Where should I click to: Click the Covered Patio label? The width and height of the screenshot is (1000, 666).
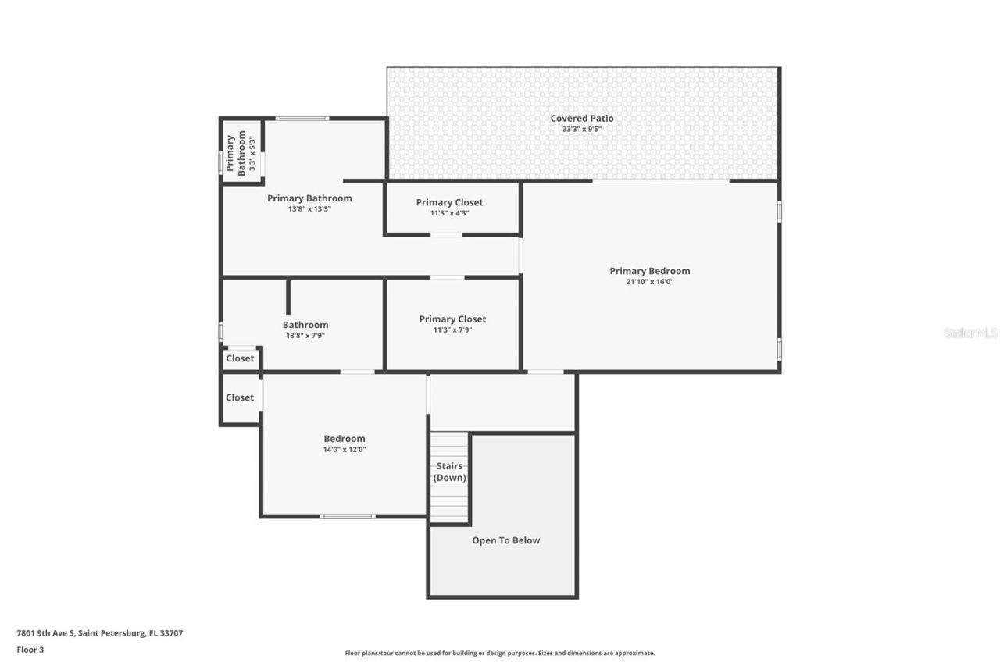click(582, 119)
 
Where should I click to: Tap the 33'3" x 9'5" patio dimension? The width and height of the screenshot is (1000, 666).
click(582, 130)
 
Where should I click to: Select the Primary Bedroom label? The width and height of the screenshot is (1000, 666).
click(650, 271)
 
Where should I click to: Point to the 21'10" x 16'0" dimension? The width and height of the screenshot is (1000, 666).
click(650, 282)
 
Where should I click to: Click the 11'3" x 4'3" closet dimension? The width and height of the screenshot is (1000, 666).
click(449, 213)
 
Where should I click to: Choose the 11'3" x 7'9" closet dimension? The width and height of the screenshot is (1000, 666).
click(452, 329)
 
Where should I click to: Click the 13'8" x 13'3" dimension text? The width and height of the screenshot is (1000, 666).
click(309, 209)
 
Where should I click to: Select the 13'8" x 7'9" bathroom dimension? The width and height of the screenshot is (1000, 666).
click(305, 336)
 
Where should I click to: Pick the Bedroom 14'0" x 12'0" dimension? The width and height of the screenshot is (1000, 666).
click(345, 450)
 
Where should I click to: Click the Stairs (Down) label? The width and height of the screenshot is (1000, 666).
click(450, 472)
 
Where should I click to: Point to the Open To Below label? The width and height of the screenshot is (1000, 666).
click(505, 540)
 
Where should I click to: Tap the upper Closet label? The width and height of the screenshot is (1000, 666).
click(240, 359)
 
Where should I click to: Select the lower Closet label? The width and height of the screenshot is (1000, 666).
click(240, 397)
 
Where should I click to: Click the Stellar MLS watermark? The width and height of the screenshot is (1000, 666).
click(970, 333)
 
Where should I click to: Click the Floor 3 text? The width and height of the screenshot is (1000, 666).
click(30, 649)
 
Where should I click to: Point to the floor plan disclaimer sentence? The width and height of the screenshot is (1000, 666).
click(500, 653)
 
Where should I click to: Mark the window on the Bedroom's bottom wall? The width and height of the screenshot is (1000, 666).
click(348, 516)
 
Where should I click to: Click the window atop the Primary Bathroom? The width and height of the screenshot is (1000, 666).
click(302, 119)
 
